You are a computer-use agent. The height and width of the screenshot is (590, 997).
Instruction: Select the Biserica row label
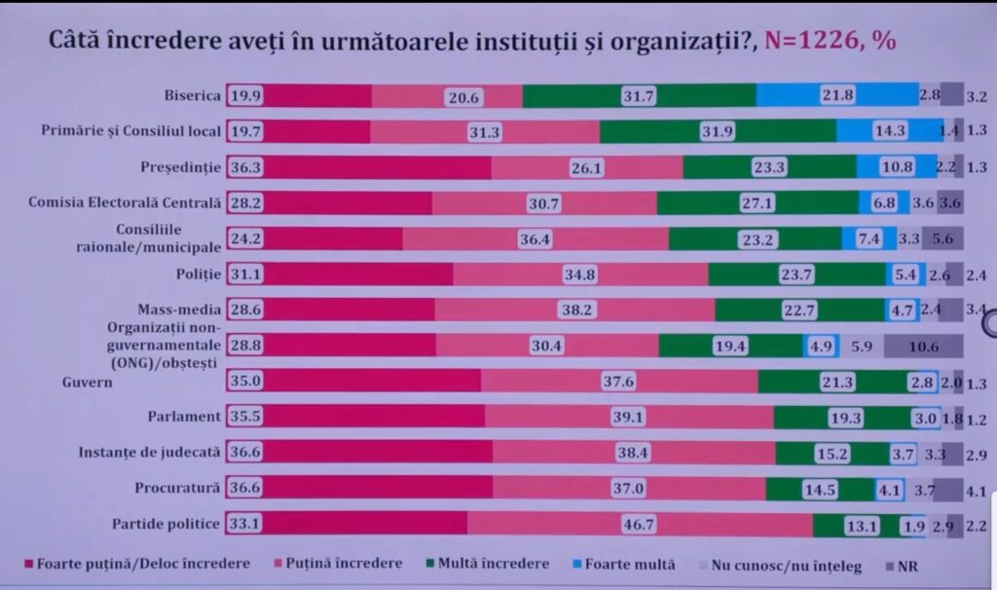point(194,95)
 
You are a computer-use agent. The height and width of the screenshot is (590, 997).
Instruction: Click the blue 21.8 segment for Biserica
point(836,95)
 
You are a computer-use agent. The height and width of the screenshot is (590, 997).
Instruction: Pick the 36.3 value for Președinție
point(246,166)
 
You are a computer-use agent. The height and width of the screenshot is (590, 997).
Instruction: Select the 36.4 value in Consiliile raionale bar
point(536,239)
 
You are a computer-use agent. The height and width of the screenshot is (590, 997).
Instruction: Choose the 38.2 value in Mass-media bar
point(575,310)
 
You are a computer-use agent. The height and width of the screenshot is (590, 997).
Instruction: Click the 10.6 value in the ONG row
point(923,346)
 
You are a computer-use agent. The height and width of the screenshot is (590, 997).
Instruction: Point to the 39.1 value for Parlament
point(629,417)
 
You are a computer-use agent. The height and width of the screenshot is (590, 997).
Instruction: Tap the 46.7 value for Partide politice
point(641,524)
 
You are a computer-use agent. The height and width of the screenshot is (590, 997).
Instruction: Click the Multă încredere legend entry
point(490,564)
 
